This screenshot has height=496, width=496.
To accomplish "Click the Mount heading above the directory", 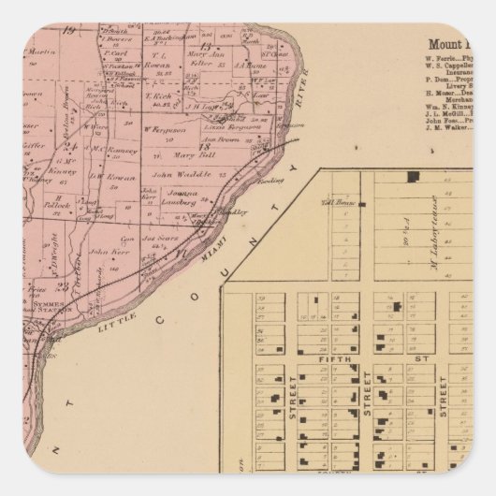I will [448, 43].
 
